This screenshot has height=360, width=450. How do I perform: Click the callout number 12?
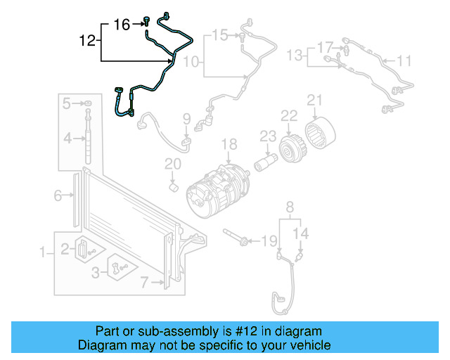point(86,41)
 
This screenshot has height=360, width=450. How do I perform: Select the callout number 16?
point(122,25)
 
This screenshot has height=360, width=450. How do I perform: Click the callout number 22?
point(289,115)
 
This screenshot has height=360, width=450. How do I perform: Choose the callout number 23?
point(267,135)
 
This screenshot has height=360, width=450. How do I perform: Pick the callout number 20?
point(173,165)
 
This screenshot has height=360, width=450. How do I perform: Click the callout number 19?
point(269,242)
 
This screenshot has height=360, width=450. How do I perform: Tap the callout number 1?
point(43,252)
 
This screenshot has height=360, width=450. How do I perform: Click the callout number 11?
point(404,61)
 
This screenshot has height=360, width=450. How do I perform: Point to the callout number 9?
point(186,117)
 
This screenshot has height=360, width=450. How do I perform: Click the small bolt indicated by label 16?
point(146,22)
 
